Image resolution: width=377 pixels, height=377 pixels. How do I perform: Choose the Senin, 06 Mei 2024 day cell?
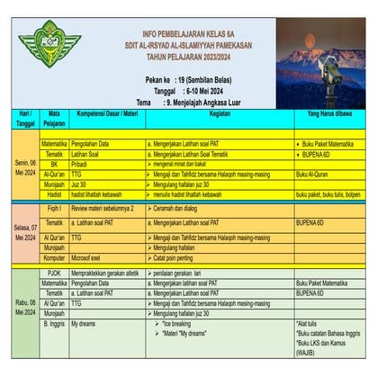[19, 166]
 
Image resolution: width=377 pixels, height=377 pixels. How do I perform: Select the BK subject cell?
[54, 166]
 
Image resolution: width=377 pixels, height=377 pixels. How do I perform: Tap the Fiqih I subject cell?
[54, 207]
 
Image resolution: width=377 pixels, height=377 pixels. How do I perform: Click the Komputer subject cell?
[54, 257]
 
